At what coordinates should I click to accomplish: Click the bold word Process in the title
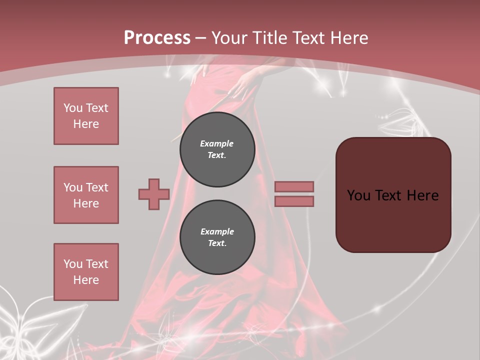[x=157, y=38]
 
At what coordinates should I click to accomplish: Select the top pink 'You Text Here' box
[x=86, y=116]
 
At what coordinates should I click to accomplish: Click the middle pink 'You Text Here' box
[x=86, y=195]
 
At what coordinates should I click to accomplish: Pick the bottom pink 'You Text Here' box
[x=86, y=272]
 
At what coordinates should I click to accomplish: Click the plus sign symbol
[x=154, y=194]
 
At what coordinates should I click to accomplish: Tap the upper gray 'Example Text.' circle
[x=217, y=149]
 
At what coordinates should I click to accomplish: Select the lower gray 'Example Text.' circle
[x=217, y=237]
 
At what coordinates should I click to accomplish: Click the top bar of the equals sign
[x=294, y=186]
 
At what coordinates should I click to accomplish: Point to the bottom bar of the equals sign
[x=294, y=201]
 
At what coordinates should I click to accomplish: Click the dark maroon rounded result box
[x=393, y=220]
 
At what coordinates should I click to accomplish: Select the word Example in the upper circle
[x=217, y=143]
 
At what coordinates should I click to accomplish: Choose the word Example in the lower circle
[x=217, y=231]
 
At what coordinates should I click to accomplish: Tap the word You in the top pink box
[x=73, y=108]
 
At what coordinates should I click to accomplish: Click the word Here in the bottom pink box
[x=86, y=280]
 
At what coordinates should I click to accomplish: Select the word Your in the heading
[x=230, y=38]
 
